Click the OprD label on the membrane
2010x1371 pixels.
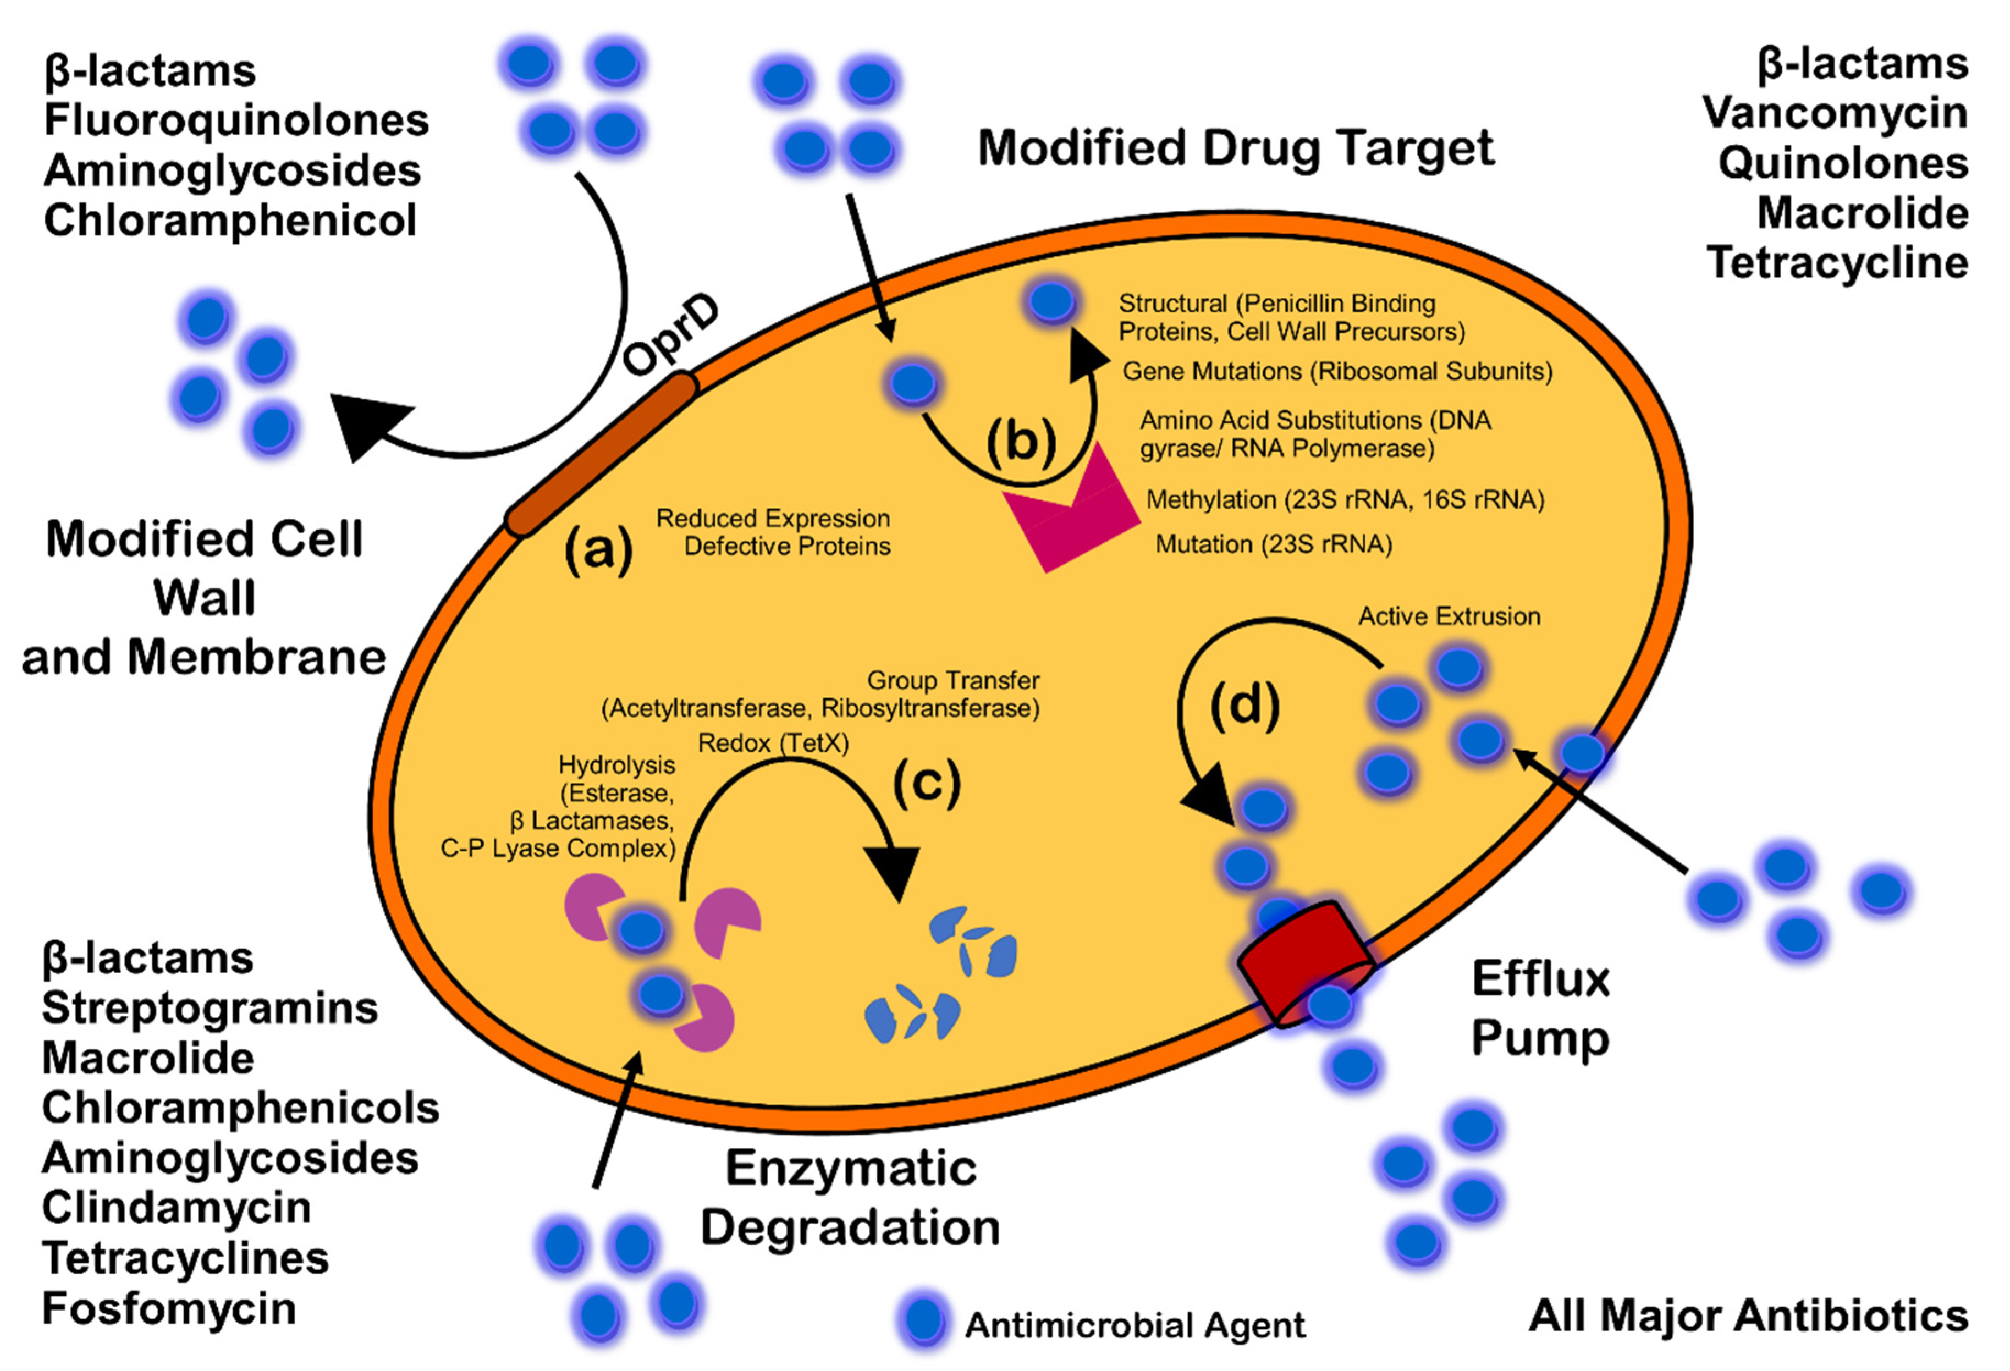click(x=670, y=335)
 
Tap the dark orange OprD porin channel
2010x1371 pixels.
click(x=601, y=454)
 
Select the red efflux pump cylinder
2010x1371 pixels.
click(x=1304, y=965)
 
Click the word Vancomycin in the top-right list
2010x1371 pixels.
click(x=1835, y=113)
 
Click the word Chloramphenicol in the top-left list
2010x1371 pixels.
click(x=230, y=220)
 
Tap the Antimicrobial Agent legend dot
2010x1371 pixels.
click(x=924, y=1321)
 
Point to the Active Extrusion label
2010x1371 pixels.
click(x=1449, y=616)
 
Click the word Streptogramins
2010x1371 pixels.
click(x=210, y=1007)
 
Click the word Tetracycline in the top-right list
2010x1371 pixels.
click(x=1838, y=262)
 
